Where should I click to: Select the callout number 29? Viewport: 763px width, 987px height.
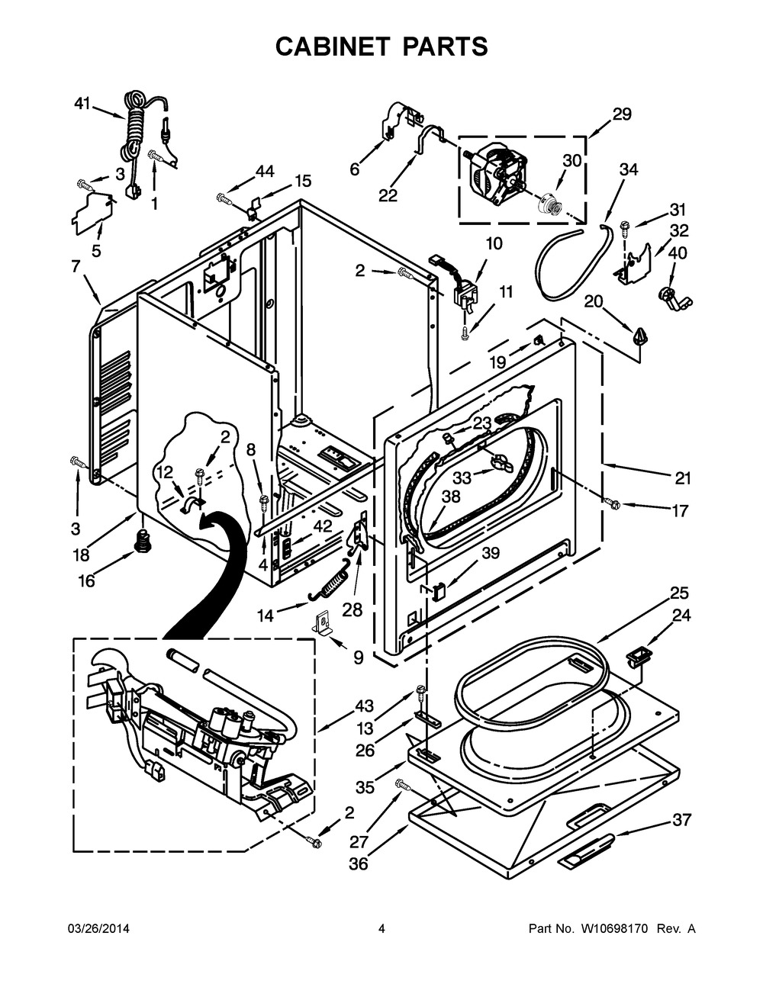pos(622,114)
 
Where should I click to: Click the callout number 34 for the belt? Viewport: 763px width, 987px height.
pos(628,170)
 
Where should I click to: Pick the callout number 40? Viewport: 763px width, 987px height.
pos(678,253)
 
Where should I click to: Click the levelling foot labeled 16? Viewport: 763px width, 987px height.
pos(140,542)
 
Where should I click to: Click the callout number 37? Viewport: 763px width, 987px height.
pos(681,820)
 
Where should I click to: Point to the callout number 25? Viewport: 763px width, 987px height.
pos(679,592)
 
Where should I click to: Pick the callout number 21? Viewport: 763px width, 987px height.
pos(682,478)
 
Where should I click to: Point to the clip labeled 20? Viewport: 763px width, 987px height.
pos(638,334)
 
